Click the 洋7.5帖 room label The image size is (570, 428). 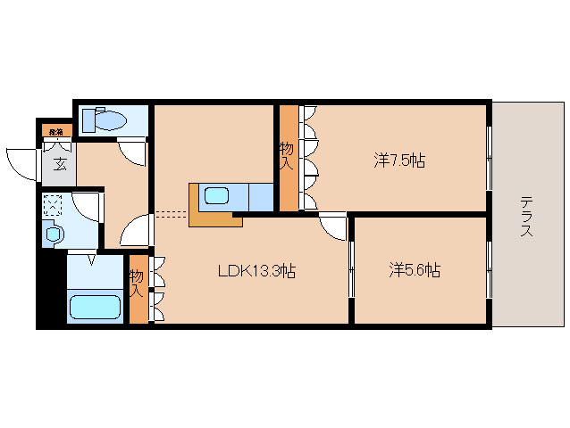398,161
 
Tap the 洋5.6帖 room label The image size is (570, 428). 414,269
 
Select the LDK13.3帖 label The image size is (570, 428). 256,272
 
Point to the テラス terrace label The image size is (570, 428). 526,217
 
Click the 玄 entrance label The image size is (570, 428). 59,163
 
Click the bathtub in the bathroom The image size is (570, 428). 94,308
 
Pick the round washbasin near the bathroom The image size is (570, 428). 54,235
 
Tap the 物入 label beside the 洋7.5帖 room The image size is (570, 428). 287,156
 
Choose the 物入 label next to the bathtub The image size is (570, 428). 137,284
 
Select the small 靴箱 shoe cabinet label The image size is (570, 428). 55,132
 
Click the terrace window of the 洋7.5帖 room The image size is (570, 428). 489,158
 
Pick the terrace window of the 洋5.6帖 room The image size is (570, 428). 489,269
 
